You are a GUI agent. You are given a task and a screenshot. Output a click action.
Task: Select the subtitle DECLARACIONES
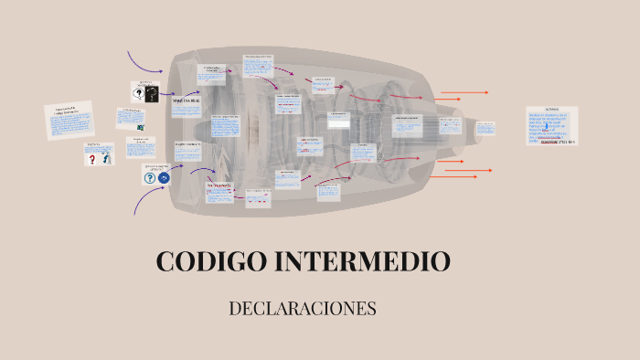tap(303, 308)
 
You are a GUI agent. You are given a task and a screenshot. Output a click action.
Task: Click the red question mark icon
tap(91, 159)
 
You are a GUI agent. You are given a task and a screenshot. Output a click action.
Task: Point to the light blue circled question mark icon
tap(149, 178)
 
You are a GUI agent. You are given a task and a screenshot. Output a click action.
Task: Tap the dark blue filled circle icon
tap(164, 178)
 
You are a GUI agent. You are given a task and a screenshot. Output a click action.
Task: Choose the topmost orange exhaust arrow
tap(464, 92)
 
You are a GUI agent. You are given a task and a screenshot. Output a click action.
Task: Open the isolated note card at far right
tap(551, 127)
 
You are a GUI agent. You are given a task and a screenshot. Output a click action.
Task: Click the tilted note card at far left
tap(69, 121)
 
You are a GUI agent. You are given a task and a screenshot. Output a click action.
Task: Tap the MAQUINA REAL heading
tap(179, 102)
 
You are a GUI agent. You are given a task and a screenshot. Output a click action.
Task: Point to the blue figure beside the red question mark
tap(106, 159)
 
